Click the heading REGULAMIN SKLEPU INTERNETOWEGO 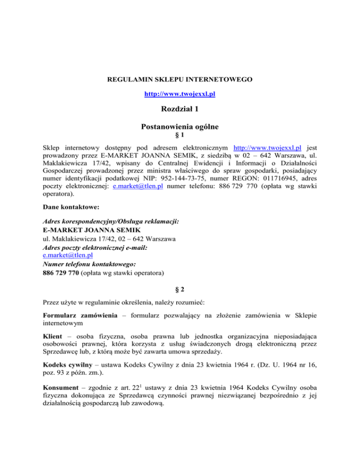(180, 80)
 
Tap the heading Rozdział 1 (180, 110)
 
